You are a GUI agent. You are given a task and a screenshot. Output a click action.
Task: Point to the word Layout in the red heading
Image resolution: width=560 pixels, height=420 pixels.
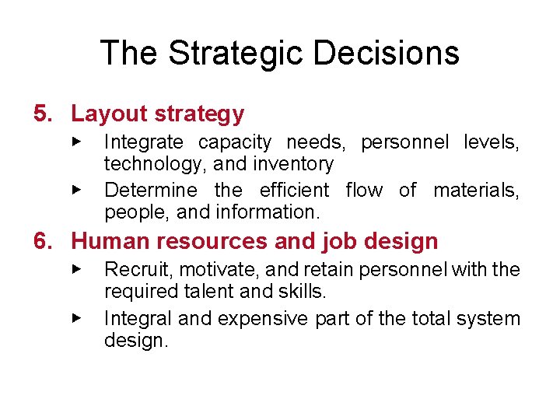110,114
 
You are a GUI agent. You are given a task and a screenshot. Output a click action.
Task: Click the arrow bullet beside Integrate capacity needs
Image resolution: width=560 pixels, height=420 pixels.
76,142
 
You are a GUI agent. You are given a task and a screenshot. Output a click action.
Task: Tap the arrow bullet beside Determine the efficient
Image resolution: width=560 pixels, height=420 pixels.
76,189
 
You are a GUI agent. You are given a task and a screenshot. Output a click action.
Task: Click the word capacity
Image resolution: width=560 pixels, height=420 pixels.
235,143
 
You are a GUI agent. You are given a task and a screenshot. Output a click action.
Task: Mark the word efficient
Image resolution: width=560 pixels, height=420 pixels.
294,191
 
